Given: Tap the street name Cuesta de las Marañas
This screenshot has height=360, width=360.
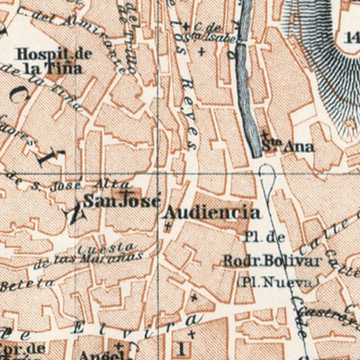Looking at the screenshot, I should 99,255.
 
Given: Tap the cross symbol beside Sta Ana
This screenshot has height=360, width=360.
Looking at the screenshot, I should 259,139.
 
